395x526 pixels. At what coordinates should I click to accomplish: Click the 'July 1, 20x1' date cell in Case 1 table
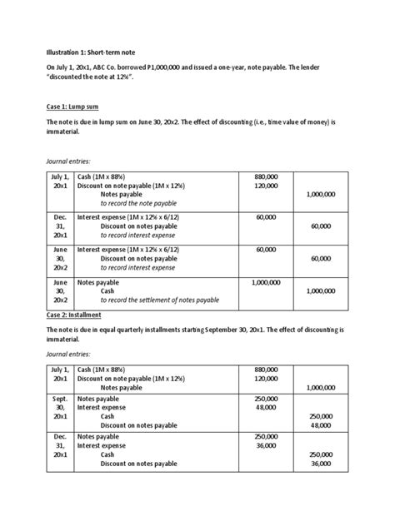59,182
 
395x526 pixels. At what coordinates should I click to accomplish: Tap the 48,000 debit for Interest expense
266,408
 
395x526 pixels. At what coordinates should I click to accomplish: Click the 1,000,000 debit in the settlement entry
265,282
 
